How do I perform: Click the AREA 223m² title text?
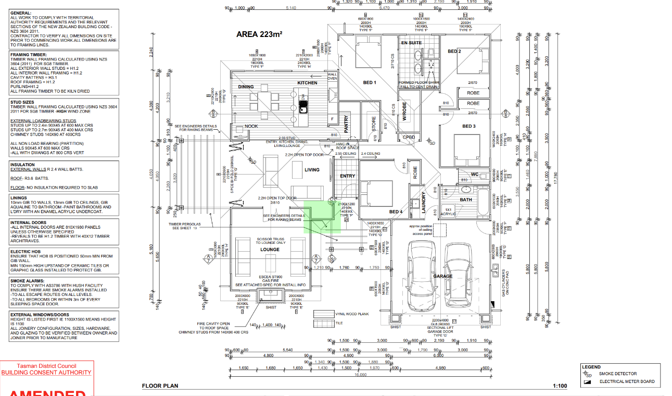click(x=259, y=35)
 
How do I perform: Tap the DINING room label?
click(x=246, y=87)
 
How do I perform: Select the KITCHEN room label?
click(x=307, y=83)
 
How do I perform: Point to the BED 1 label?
click(x=370, y=83)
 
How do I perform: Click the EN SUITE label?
click(x=411, y=43)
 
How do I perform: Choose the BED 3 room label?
click(x=468, y=126)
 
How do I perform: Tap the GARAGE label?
click(x=442, y=276)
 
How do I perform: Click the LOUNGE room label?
click(x=270, y=250)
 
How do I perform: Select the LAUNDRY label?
click(x=424, y=203)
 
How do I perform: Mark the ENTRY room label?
click(x=347, y=176)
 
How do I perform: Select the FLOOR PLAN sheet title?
click(x=160, y=386)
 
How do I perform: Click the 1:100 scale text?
click(x=560, y=386)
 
